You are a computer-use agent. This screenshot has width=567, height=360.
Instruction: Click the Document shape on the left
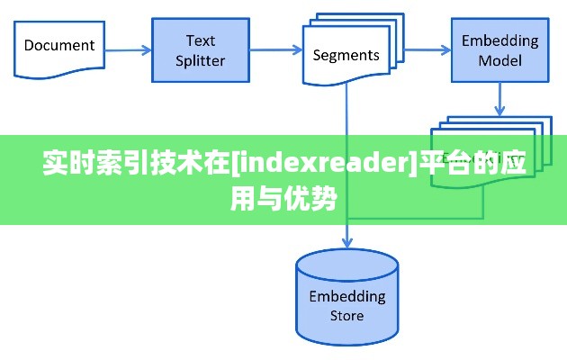59,47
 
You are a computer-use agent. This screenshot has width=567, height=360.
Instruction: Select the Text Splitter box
200,50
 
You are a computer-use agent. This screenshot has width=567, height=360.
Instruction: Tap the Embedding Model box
500,50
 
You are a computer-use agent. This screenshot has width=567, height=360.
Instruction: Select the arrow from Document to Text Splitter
128,51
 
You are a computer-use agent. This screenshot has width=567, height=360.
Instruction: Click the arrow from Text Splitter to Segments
274,51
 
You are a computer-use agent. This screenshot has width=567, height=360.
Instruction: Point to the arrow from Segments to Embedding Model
423,51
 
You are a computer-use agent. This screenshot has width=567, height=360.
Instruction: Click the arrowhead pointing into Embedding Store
346,241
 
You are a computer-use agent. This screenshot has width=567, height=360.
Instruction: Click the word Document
59,45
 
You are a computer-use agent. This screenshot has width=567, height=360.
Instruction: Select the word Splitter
200,61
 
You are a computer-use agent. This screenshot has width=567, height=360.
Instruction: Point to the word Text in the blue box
200,40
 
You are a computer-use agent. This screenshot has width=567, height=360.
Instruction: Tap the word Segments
346,55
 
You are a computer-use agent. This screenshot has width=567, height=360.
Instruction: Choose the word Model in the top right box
500,61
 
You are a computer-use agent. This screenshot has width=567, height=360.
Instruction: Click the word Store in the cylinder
346,316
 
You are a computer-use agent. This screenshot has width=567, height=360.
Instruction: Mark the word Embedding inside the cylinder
346,296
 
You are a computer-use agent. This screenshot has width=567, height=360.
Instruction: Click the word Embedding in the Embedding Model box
500,40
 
